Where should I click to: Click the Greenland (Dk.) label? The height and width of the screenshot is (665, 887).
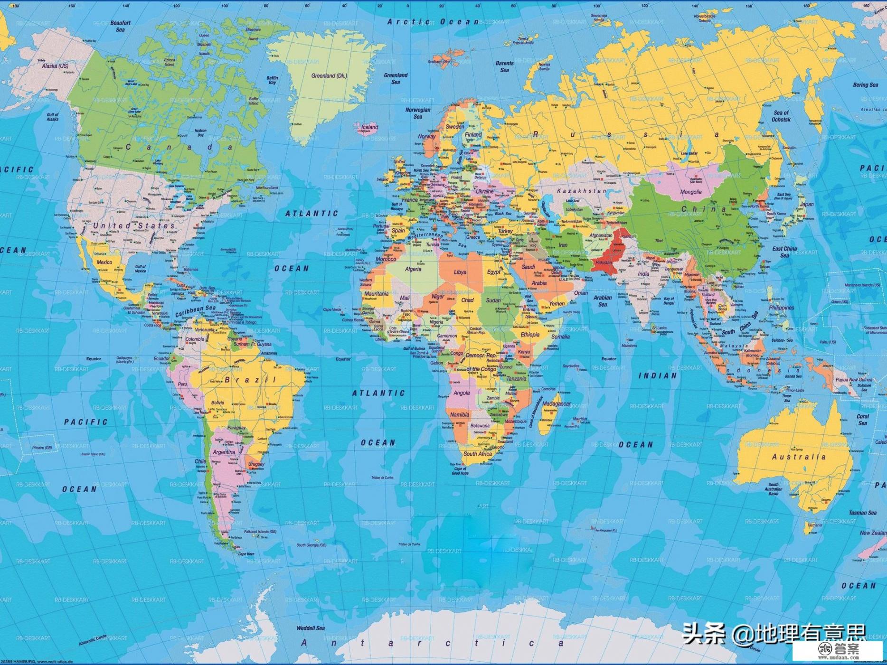[329, 75]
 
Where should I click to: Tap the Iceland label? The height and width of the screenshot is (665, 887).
[369, 127]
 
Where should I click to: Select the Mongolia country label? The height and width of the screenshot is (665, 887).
[690, 192]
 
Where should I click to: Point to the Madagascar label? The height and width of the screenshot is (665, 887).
[556, 403]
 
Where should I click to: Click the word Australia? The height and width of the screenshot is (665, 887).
[799, 457]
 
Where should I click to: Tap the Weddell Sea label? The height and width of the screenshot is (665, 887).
[311, 628]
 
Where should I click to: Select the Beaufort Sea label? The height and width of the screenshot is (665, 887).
[120, 26]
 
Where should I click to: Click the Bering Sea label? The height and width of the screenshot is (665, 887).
[865, 85]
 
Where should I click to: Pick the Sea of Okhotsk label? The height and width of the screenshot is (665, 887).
[781, 116]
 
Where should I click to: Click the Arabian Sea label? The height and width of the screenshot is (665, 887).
[603, 301]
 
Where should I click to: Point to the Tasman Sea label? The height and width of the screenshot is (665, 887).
[862, 513]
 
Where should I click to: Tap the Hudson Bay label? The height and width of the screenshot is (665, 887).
[200, 133]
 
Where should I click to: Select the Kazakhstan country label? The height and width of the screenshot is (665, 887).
[581, 191]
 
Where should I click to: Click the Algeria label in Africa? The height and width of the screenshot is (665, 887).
[413, 269]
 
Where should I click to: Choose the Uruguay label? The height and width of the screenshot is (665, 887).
[256, 464]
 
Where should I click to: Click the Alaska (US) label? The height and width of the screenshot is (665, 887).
[55, 66]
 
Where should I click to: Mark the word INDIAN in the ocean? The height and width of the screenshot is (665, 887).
[657, 375]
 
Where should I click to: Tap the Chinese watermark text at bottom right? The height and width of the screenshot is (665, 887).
[774, 633]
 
